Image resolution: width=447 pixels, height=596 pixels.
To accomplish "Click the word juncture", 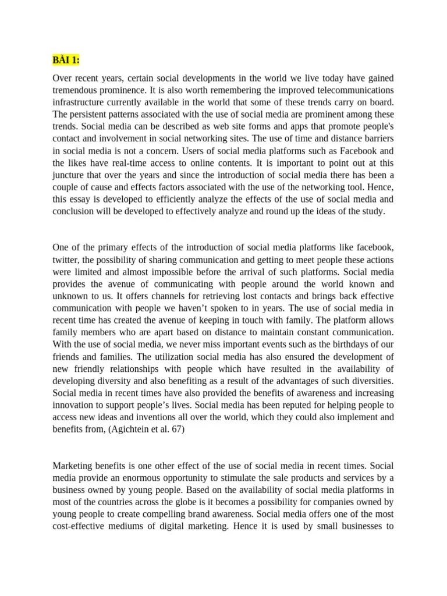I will [x=68, y=176].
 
